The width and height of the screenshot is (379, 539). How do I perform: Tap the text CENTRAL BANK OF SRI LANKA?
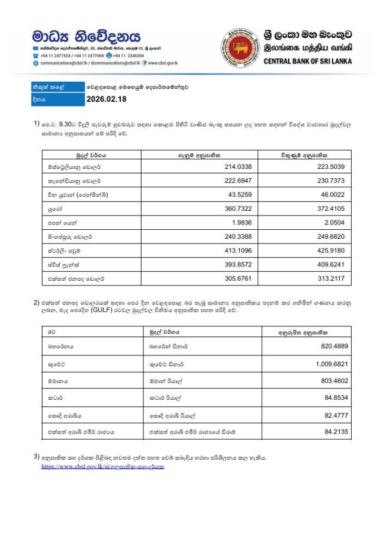[307, 61]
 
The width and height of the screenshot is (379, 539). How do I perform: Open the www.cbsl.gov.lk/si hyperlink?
[102, 466]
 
